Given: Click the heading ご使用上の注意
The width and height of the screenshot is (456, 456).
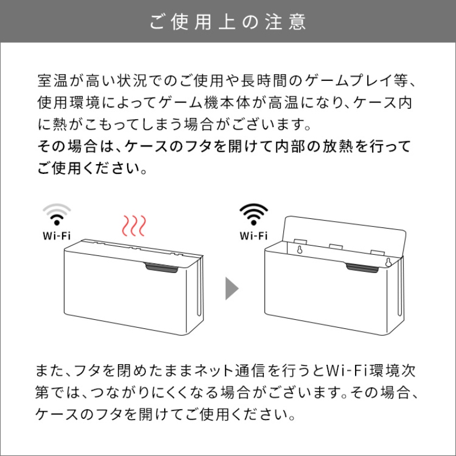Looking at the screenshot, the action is point(228,22).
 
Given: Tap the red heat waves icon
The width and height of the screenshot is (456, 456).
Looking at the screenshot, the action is point(134,226).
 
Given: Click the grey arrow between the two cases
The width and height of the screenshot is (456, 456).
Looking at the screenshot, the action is point(232,288).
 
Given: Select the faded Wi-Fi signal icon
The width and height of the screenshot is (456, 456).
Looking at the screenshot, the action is point(57,214).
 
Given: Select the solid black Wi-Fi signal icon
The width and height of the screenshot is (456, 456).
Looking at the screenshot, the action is point(254,214).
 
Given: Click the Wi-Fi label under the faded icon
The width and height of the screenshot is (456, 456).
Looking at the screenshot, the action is point(56,235).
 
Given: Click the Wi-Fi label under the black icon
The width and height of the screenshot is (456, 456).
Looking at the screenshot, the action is point(254,235).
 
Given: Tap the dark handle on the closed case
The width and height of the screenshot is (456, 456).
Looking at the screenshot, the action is point(161,268).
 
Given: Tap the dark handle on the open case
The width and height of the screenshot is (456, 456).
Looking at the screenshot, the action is point(362,268).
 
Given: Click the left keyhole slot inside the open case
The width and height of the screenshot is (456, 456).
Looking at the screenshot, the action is point(300,250).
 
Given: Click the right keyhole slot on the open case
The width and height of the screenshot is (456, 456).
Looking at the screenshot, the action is point(388,262).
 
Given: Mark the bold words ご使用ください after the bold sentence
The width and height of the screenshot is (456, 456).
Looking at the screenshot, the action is point(92,168).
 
